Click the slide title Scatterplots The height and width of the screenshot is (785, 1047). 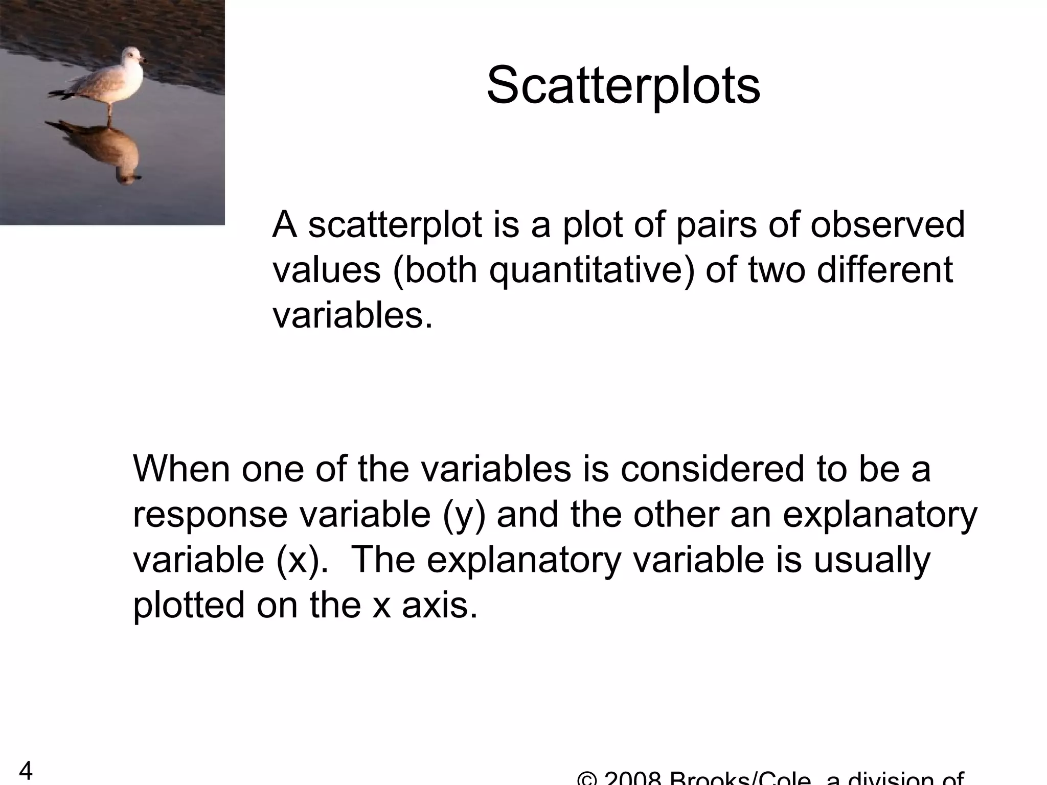[623, 85]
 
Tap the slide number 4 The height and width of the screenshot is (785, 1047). [26, 771]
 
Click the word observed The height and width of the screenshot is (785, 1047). [887, 225]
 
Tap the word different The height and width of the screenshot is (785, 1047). [884, 270]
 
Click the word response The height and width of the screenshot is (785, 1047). [210, 514]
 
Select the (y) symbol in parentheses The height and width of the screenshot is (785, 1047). [464, 515]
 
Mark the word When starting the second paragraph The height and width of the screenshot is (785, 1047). [181, 469]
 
